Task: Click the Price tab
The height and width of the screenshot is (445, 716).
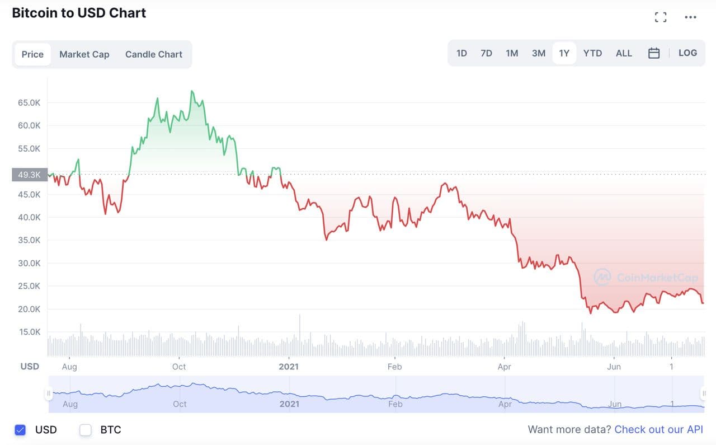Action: [x=32, y=54]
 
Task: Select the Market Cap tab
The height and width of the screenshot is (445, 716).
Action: [x=84, y=54]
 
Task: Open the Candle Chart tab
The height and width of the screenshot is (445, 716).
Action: [x=154, y=54]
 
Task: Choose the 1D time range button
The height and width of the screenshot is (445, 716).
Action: [x=461, y=53]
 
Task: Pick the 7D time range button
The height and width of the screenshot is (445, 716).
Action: [x=486, y=53]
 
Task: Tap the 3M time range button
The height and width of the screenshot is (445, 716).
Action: [x=539, y=53]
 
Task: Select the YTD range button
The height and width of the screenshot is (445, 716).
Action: [x=592, y=53]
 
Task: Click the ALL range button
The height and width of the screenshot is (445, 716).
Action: [x=624, y=53]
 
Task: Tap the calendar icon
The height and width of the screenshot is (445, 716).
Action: [x=654, y=53]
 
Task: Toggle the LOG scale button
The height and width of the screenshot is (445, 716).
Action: [x=687, y=53]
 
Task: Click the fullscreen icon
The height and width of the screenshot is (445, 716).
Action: [x=661, y=17]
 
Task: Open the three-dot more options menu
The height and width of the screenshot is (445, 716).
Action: [x=691, y=17]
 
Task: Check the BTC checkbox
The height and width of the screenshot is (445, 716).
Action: [x=86, y=430]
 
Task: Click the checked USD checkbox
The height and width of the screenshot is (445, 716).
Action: [x=20, y=430]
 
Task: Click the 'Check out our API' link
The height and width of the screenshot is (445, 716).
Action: [x=658, y=429]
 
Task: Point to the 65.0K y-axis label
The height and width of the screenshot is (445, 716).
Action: [x=29, y=103]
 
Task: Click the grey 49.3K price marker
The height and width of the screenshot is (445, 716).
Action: [x=29, y=175]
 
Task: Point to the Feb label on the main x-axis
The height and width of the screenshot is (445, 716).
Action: [x=394, y=367]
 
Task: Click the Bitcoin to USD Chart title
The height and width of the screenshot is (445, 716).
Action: [x=79, y=13]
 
